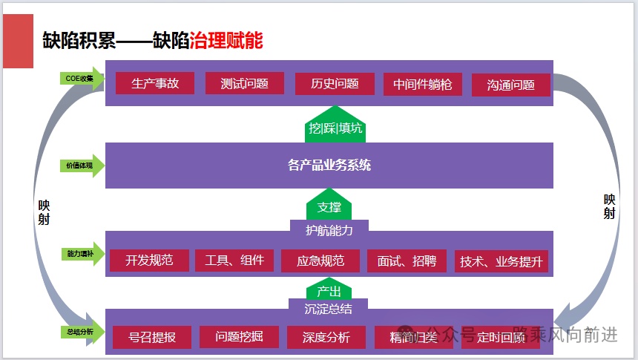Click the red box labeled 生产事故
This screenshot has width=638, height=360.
click(x=154, y=83)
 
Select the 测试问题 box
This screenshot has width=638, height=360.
click(x=244, y=83)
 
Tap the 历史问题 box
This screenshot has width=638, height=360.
click(x=334, y=83)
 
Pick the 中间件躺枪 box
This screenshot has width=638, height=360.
click(x=422, y=84)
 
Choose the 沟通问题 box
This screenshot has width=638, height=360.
click(x=510, y=85)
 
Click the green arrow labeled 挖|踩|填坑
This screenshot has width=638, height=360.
click(x=335, y=127)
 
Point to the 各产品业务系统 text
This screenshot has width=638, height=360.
click(x=329, y=165)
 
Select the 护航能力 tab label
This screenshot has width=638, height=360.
click(x=329, y=230)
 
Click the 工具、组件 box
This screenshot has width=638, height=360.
click(x=234, y=261)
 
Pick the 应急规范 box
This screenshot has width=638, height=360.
click(x=320, y=261)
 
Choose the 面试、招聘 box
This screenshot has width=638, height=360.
click(x=406, y=261)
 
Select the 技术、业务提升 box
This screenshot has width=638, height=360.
click(x=501, y=261)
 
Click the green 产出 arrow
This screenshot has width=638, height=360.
click(x=329, y=289)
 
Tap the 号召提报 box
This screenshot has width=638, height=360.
click(x=151, y=337)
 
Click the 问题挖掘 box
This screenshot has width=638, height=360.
click(x=238, y=337)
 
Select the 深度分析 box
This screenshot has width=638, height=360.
click(x=326, y=337)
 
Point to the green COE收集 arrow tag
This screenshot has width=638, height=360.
click(x=81, y=78)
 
